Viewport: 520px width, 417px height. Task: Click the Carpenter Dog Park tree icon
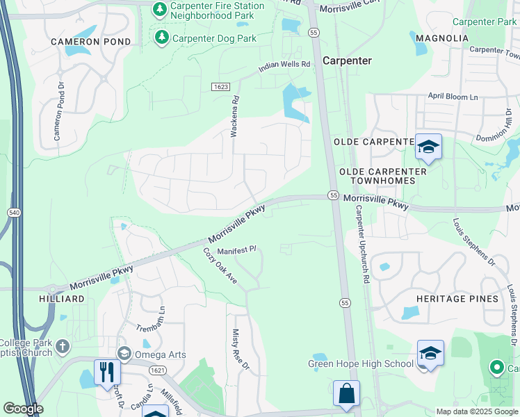point(161,37)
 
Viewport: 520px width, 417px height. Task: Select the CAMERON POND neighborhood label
point(90,42)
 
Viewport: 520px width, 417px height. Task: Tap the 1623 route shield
point(220,85)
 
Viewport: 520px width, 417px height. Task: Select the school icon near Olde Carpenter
point(428,147)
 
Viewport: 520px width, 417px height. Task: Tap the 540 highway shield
point(14,211)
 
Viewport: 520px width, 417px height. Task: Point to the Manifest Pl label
point(237,250)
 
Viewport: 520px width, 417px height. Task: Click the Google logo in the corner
point(23,409)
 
